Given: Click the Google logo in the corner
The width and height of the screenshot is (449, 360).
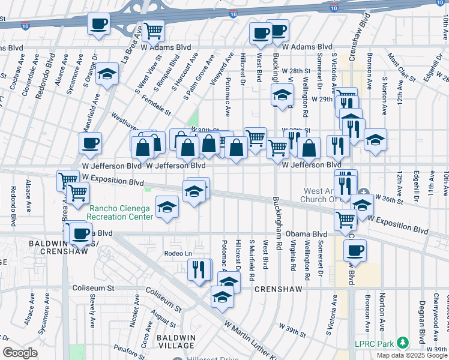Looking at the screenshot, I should click(20, 353).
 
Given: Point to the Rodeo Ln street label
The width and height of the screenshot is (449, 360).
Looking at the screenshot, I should click(178, 254).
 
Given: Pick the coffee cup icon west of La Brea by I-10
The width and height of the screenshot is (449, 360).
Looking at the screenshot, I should click(98, 24).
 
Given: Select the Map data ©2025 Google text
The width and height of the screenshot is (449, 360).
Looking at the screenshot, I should click(411, 355).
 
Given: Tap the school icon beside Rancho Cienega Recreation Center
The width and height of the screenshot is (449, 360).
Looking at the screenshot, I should click(167, 208).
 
